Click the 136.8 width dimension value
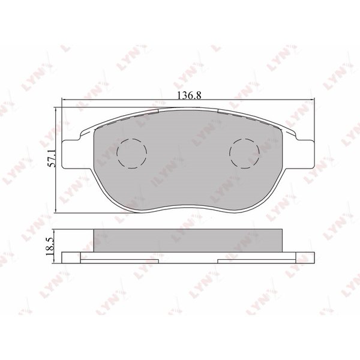coord(190,95)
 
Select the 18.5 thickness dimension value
coord(50,247)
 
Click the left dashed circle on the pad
coord(132,154)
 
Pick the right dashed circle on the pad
coord(245,154)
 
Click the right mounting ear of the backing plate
coord(305,154)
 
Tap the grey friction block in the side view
coord(188,241)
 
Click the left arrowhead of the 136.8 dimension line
coord(64,100)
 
